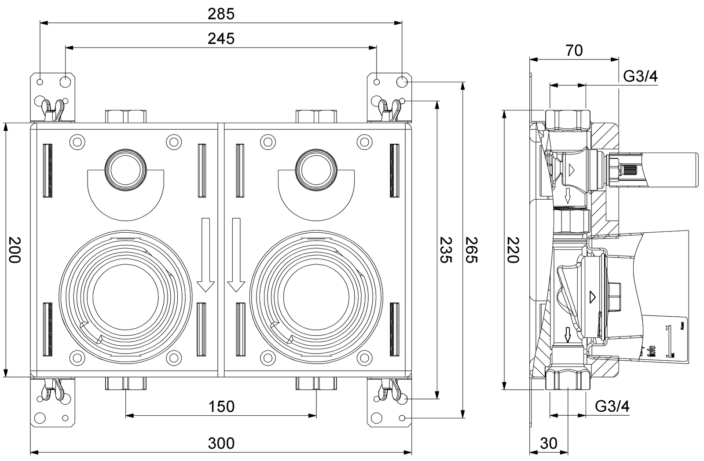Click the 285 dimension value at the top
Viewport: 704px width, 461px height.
[221, 14]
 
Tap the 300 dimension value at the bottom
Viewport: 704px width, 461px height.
[221, 443]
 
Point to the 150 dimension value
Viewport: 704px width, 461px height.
[221, 406]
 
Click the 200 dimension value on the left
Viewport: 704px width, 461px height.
[15, 249]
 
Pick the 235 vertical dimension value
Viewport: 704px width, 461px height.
[446, 249]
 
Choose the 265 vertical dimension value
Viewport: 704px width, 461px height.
[471, 249]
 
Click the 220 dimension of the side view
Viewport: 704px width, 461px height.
[513, 249]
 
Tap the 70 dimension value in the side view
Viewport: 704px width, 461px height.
[574, 51]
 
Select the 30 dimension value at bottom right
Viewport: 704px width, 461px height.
[548, 443]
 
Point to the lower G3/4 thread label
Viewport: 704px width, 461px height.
[612, 406]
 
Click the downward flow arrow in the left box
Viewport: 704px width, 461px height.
[205, 255]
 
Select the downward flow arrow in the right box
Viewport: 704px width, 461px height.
[236, 255]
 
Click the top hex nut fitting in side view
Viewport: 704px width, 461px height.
[568, 120]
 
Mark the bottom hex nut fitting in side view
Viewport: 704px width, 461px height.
[568, 379]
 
